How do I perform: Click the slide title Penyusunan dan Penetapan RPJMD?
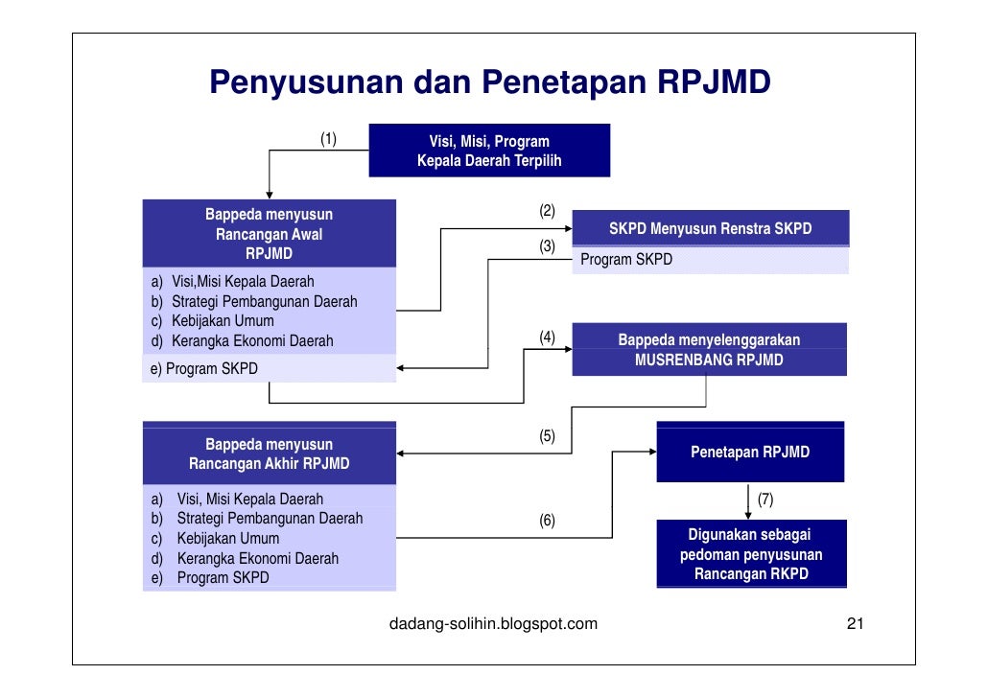[x=490, y=83]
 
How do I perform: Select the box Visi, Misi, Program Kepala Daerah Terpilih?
[x=489, y=151]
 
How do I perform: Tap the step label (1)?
[x=328, y=140]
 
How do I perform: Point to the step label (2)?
[x=547, y=211]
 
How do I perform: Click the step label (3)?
[x=547, y=246]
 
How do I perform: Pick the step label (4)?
[x=547, y=337]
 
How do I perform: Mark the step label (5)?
[x=547, y=436]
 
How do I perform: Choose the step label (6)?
[x=547, y=521]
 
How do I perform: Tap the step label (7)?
[x=765, y=500]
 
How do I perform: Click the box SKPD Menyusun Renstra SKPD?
[x=710, y=229]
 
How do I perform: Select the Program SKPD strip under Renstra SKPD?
[x=710, y=260]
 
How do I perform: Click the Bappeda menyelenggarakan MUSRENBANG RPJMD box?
[x=709, y=350]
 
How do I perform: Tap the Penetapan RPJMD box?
[x=750, y=452]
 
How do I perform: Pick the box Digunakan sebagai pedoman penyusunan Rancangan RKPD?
[x=751, y=554]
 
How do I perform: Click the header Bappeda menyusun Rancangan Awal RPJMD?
[x=269, y=233]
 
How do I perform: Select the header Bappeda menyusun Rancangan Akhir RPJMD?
[x=269, y=454]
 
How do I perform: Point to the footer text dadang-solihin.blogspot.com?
[x=493, y=624]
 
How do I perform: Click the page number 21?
[x=855, y=624]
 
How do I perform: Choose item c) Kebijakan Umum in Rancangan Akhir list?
[x=227, y=538]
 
